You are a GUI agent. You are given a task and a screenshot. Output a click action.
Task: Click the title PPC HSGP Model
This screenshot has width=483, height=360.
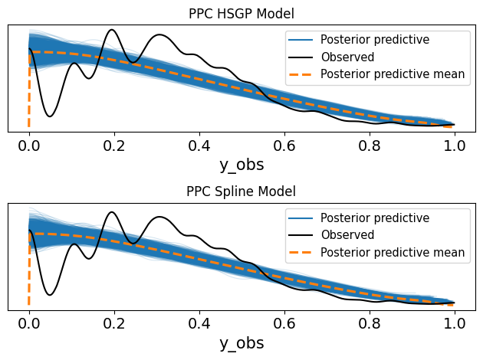(x=242, y=13)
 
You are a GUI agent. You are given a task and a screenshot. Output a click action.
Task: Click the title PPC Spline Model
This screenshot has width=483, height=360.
(x=242, y=191)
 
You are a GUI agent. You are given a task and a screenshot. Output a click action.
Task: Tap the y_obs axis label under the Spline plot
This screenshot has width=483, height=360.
(x=242, y=342)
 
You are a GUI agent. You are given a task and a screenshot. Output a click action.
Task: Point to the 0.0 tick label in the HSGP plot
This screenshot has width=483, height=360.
(x=29, y=142)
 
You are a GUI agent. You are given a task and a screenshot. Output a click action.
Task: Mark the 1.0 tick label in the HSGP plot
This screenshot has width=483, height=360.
(x=455, y=142)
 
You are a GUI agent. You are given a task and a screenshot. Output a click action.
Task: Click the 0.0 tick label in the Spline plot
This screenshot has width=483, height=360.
(x=29, y=321)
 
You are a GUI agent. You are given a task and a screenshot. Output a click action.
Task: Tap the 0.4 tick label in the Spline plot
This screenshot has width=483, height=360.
(x=199, y=321)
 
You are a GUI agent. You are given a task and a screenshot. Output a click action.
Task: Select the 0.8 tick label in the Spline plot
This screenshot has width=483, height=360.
(x=370, y=321)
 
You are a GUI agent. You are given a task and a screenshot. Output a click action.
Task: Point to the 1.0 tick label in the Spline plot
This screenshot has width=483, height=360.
(x=455, y=321)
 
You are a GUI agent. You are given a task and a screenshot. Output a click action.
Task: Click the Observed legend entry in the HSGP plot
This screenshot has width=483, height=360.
(x=347, y=57)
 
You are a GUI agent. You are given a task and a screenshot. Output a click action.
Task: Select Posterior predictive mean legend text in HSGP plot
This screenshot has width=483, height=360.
(x=393, y=74)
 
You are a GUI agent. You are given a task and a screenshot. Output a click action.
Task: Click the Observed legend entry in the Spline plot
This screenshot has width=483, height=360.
(x=347, y=235)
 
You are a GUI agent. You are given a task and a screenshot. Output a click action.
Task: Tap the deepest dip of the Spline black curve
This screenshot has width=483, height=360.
(x=50, y=295)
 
